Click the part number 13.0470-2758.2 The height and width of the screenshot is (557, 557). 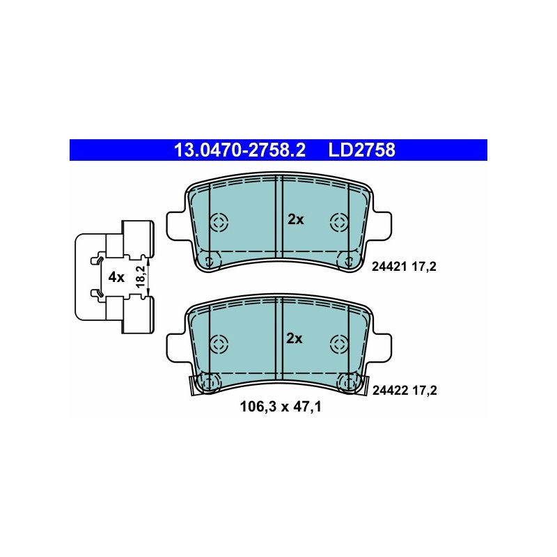240,150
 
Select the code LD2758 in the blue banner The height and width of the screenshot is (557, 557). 361,150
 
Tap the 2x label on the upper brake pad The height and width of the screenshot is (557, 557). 295,220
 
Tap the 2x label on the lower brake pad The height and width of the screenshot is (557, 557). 295,338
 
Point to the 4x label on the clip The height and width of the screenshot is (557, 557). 116,276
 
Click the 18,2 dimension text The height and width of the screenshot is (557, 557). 141,276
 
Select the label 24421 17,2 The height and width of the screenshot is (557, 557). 404,267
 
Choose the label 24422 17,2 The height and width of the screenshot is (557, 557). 405,391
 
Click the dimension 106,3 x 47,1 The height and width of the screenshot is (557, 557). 281,407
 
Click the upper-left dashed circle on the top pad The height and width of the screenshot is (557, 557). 219,223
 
